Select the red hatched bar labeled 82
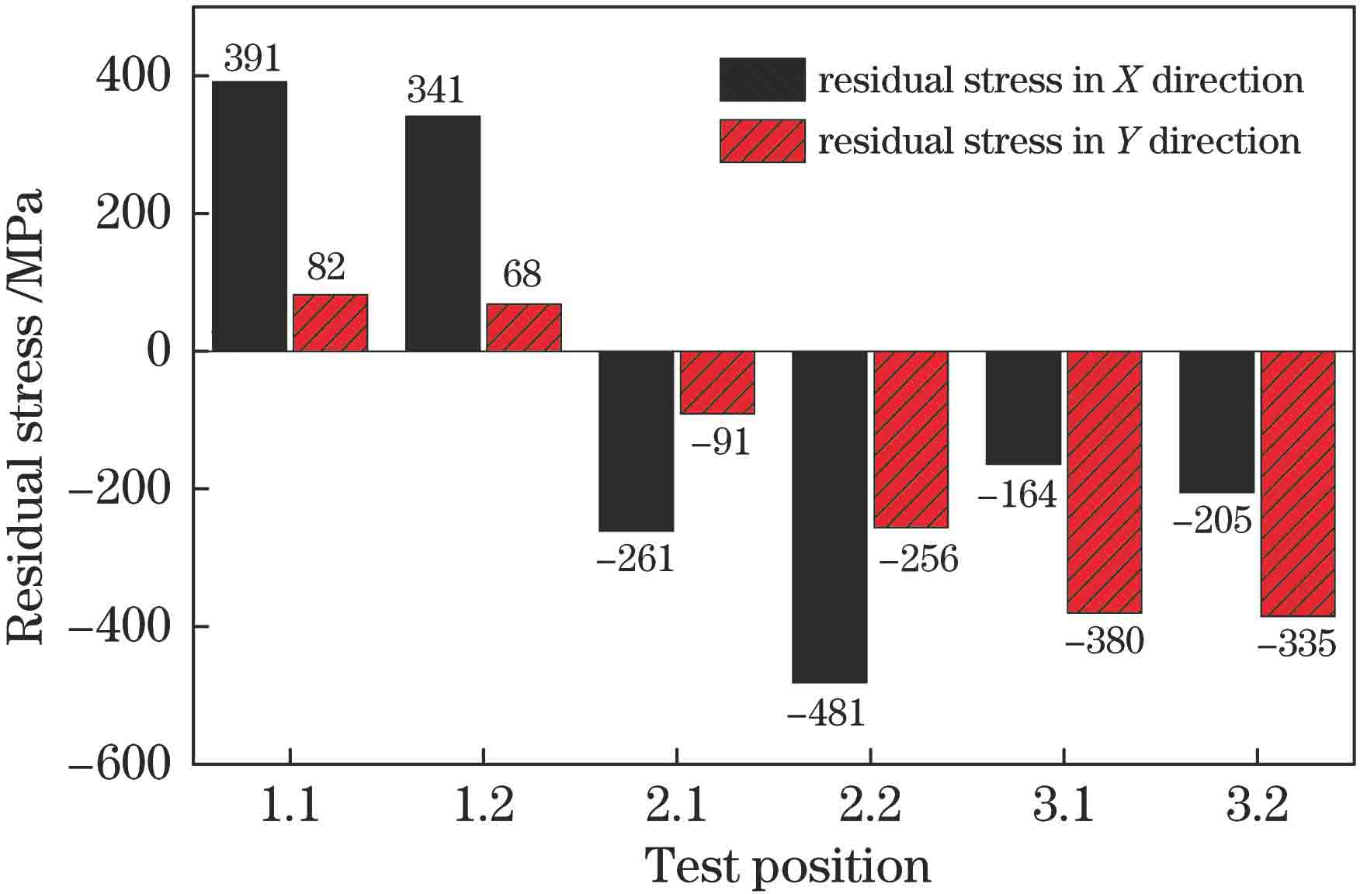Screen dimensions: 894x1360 [330, 323]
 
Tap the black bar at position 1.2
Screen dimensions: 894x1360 [442, 233]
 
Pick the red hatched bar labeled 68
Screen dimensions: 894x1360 [523, 327]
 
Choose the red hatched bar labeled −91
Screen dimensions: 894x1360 [717, 382]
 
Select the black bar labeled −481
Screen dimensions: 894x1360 [829, 517]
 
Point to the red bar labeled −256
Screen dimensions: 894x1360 [911, 439]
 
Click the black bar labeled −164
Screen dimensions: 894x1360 [1023, 407]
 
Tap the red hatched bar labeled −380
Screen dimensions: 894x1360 [1104, 482]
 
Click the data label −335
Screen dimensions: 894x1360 [1296, 644]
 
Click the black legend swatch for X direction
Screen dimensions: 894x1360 [762, 80]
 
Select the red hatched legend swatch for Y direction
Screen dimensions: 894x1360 [762, 140]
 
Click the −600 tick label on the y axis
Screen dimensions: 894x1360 [120, 764]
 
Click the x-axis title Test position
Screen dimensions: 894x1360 [787, 867]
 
